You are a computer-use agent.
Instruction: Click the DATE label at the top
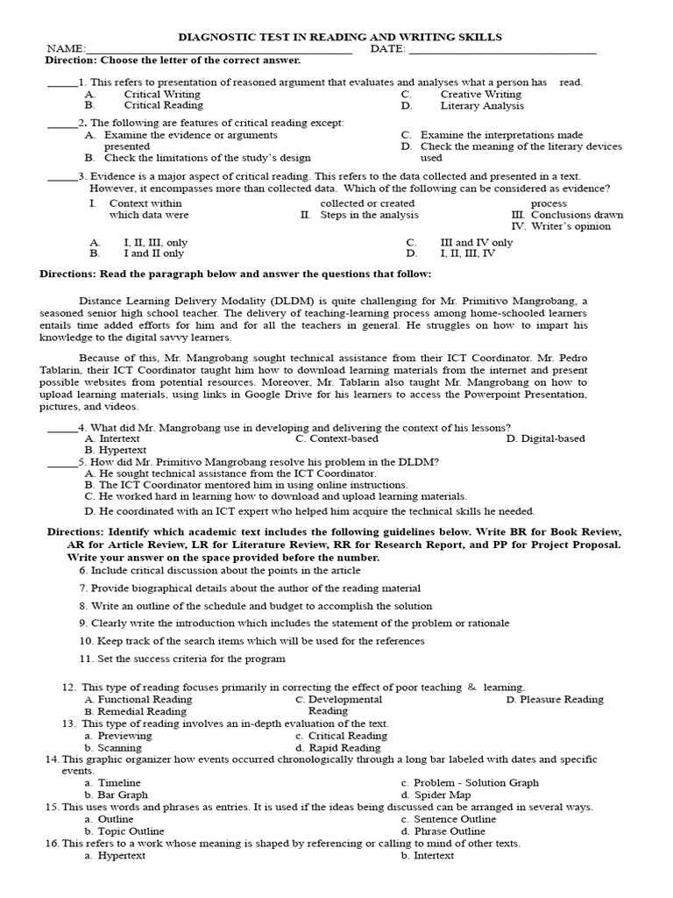[387, 49]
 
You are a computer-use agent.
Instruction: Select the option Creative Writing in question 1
[480, 94]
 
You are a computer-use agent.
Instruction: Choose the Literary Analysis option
[482, 106]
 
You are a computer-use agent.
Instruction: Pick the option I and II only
[153, 253]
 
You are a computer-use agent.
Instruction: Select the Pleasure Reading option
[561, 700]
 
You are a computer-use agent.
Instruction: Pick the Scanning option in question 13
[119, 748]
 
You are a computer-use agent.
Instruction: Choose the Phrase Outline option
[449, 831]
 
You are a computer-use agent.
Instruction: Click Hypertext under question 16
[124, 855]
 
